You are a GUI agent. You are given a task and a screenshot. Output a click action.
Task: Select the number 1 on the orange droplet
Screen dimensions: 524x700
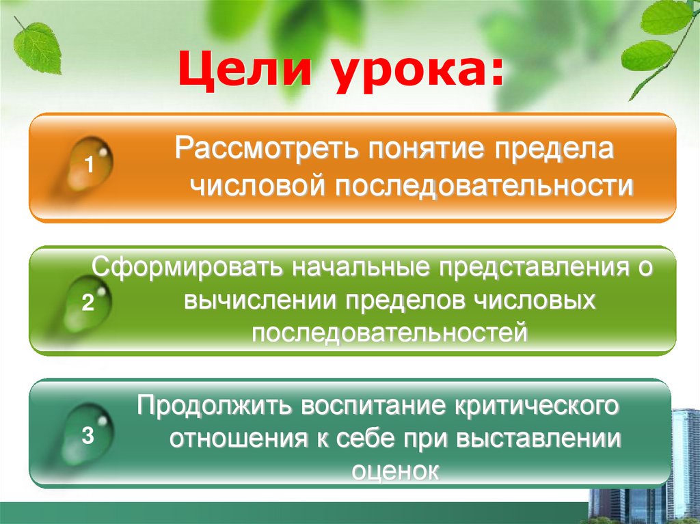tap(89, 165)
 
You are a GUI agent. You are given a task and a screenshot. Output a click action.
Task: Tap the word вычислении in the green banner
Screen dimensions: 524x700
tap(262, 300)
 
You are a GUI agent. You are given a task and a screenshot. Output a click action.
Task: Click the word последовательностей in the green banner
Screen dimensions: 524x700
tap(390, 333)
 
